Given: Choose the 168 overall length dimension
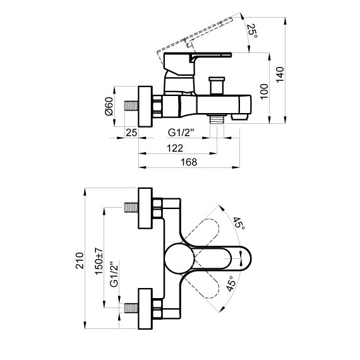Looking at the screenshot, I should click(188, 162).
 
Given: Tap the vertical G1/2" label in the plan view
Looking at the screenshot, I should click(114, 275).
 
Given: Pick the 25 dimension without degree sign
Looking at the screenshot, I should click(131, 133).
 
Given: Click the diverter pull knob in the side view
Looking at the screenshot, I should click(218, 82).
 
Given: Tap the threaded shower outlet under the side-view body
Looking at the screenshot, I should click(219, 118).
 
